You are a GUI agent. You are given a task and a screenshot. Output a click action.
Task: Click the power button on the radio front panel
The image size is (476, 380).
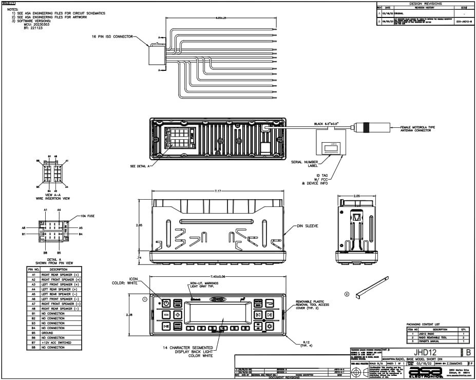[x=166, y=303]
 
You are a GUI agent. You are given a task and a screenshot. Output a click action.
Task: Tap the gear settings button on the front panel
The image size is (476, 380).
[x=269, y=326]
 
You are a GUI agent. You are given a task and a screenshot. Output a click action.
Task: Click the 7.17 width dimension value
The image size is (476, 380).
[x=217, y=192]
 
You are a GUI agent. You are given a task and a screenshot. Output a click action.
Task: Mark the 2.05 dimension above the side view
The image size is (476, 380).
[x=358, y=196]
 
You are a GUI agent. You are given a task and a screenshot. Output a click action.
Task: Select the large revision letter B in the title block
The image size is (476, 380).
[x=468, y=352]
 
